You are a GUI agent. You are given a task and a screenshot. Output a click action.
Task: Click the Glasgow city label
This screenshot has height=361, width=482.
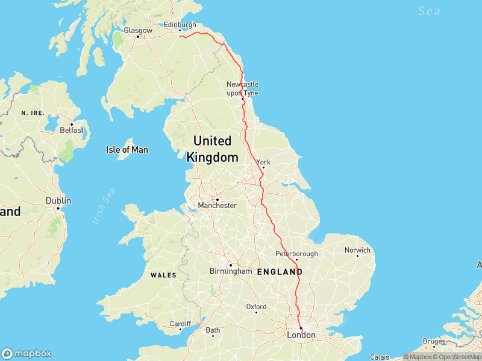(138, 29)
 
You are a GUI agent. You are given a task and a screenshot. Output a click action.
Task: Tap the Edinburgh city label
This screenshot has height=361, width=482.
(180, 25)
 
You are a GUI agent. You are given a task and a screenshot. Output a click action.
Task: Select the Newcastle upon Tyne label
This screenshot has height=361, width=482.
(242, 88)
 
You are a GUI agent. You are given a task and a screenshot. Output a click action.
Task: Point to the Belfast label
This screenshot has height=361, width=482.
(72, 129)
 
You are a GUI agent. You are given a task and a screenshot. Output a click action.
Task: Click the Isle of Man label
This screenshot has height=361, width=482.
(127, 150)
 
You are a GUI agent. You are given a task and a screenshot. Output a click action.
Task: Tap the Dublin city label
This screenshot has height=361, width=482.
(58, 201)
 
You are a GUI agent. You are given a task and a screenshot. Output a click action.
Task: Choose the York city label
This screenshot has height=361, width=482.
(264, 162)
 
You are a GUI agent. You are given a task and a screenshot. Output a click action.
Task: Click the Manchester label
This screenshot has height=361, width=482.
(218, 205)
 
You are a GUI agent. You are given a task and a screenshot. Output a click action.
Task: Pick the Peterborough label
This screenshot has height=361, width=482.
(296, 254)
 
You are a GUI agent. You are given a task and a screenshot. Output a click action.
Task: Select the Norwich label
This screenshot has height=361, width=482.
(357, 250)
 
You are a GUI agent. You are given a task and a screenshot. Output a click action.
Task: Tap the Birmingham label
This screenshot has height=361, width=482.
(231, 271)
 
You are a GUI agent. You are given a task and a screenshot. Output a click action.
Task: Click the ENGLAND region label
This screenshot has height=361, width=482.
(280, 272)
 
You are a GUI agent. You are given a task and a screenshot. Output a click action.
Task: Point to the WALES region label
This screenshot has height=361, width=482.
(163, 275)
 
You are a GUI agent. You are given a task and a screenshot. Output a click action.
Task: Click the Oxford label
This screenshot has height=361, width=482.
(256, 307)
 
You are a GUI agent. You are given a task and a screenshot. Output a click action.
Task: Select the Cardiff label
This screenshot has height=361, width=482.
(180, 323)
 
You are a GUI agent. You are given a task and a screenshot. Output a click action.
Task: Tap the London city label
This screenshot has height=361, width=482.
(301, 335)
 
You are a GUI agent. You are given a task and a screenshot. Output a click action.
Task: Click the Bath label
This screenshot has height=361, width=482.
(213, 330)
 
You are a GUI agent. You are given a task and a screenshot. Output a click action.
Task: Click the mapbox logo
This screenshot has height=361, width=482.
(27, 353)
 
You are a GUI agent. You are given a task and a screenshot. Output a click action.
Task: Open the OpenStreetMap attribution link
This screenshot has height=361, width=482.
(456, 357)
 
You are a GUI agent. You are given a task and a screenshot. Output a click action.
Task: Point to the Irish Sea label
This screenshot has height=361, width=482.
(104, 206)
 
